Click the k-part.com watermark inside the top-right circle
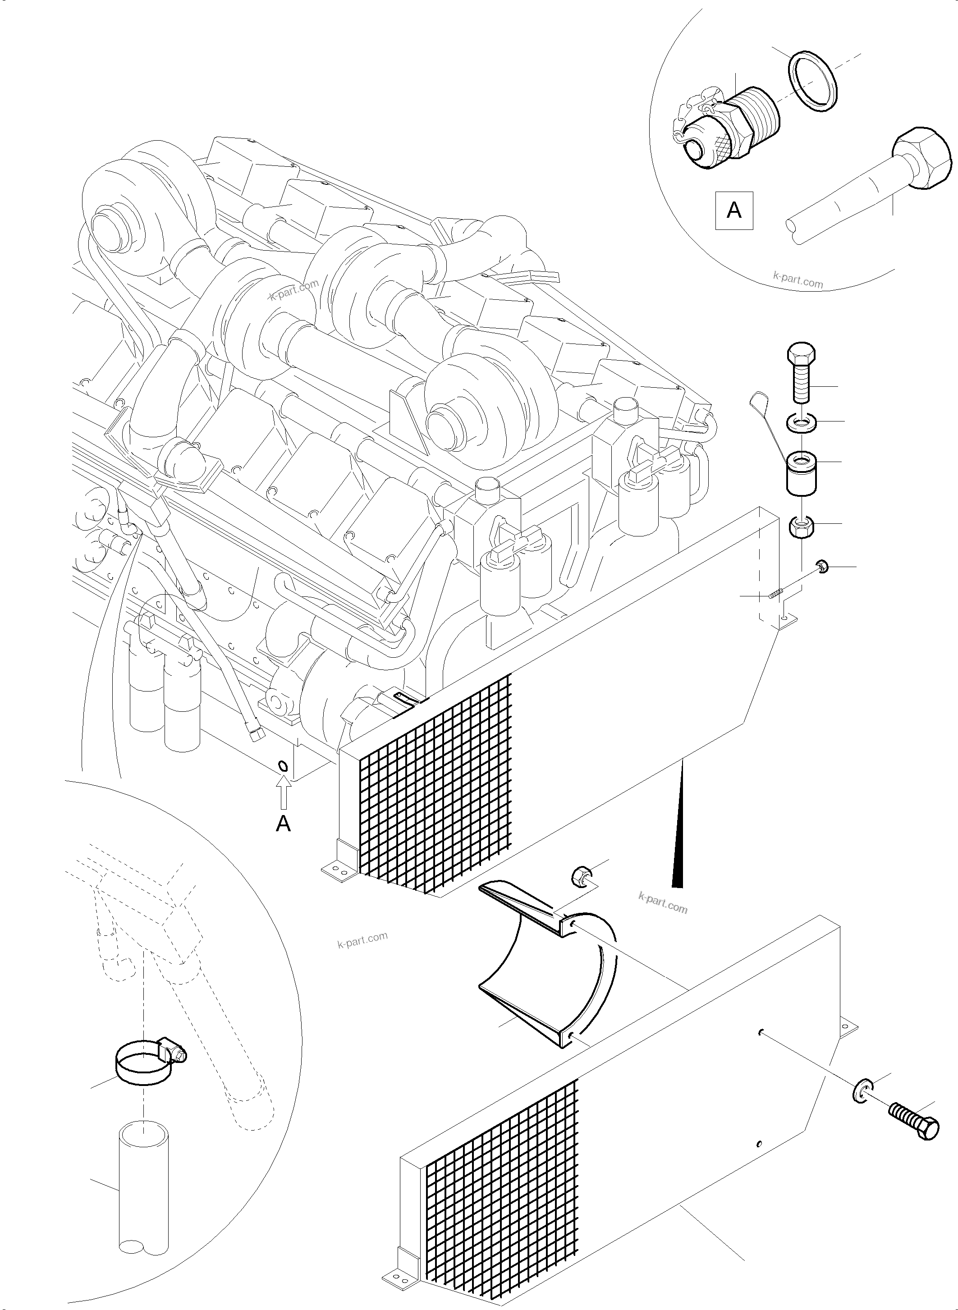tap(798, 281)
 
